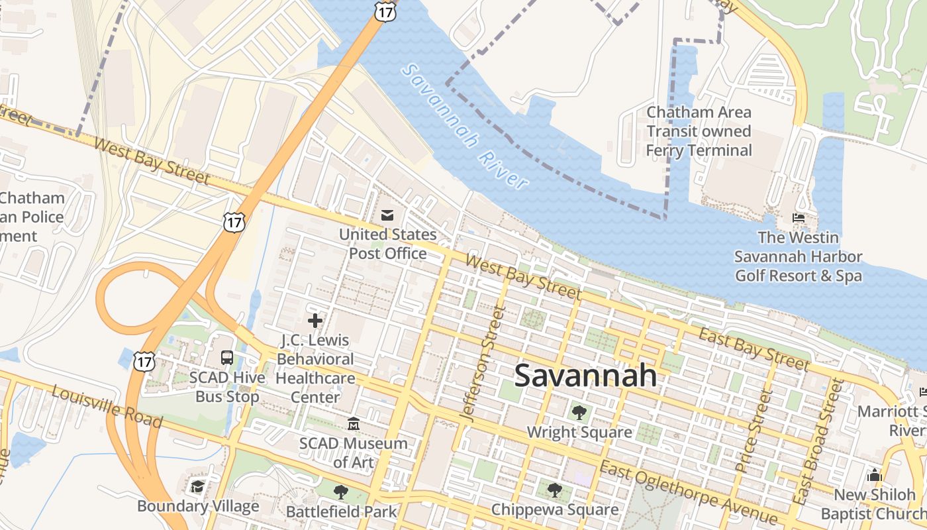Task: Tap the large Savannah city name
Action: [x=585, y=376]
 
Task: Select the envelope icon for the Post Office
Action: [x=387, y=215]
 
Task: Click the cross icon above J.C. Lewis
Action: [x=315, y=321]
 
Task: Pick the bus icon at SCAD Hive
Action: [x=226, y=358]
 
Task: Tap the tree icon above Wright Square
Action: [x=579, y=413]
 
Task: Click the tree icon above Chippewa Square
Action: [x=555, y=490]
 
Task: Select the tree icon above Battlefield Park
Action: [x=341, y=492]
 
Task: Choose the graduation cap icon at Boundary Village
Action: [x=197, y=487]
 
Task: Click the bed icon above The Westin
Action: [x=799, y=218]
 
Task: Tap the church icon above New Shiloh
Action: [x=875, y=475]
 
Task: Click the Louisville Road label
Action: [x=107, y=405]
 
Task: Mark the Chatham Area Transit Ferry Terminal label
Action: [x=699, y=131]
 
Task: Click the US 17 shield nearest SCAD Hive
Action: [x=144, y=361]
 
